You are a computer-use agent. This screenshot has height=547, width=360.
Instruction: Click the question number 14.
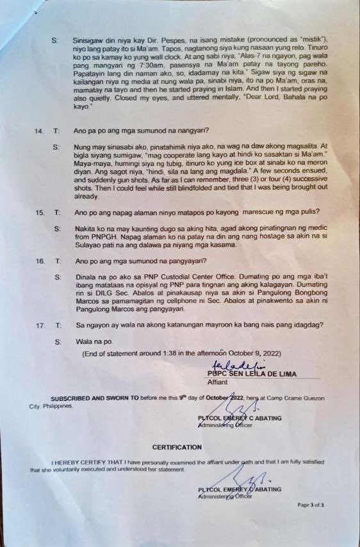[38, 131]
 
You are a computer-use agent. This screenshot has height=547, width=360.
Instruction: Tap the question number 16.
[40, 261]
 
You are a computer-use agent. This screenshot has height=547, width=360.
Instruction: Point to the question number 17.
[40, 325]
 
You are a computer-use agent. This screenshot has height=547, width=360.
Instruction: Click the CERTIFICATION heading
[176, 446]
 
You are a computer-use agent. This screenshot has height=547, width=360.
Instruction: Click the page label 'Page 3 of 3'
[311, 505]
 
